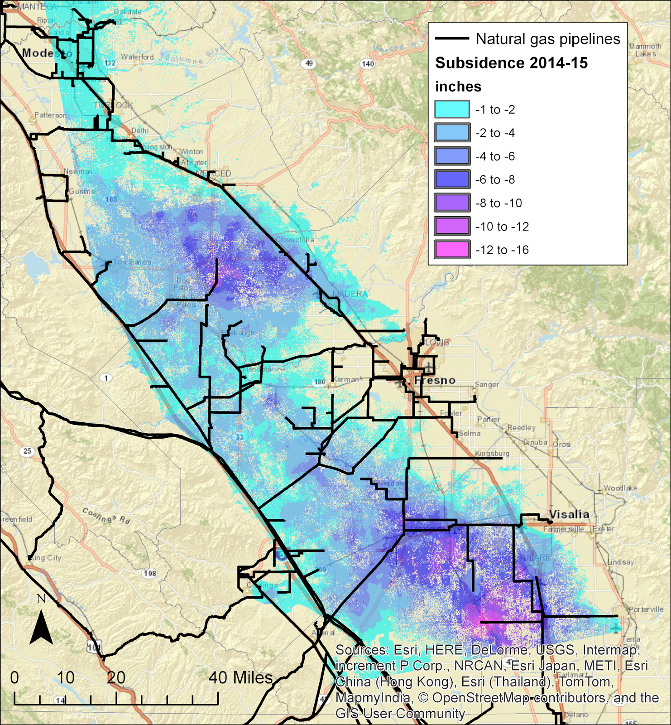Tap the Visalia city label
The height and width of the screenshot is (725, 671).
click(x=569, y=514)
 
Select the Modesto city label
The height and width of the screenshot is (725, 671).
click(x=47, y=53)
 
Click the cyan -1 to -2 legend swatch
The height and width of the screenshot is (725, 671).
click(x=452, y=109)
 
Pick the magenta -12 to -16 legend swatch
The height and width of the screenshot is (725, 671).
click(x=452, y=250)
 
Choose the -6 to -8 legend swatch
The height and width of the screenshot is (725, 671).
click(x=452, y=179)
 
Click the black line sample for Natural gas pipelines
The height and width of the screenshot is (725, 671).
click(x=452, y=39)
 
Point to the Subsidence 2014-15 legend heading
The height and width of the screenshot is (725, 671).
click(x=511, y=63)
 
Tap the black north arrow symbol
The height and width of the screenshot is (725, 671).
click(x=41, y=628)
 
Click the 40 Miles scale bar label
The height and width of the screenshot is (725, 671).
click(x=240, y=678)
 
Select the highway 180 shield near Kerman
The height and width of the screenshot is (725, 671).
click(x=320, y=382)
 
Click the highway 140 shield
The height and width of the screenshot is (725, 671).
click(x=368, y=64)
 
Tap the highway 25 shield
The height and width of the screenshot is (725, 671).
click(x=27, y=451)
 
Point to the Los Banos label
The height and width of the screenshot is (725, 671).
click(x=133, y=262)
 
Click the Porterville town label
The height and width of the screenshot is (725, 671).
click(x=646, y=609)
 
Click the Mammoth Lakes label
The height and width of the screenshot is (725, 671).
click(x=645, y=50)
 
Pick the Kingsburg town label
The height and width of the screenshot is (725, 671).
click(x=492, y=453)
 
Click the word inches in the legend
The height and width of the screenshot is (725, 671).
click(x=458, y=87)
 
